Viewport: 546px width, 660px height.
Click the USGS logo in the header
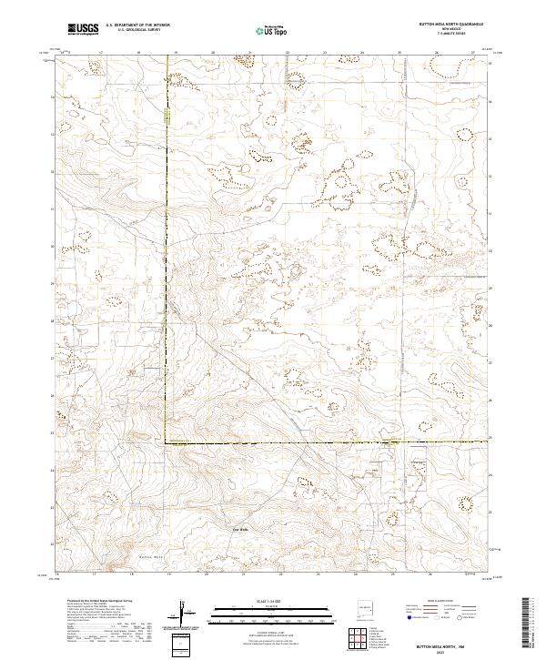click(84, 30)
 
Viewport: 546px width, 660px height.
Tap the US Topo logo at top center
click(274, 30)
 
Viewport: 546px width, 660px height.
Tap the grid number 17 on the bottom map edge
click(95, 575)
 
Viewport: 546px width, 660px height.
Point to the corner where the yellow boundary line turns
click(167, 442)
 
